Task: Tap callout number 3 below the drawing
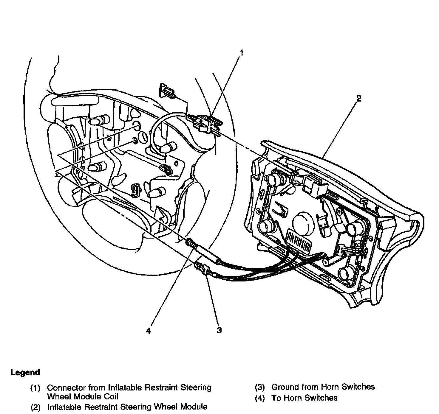[x=219, y=330]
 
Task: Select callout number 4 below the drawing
[x=148, y=331]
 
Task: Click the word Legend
[x=25, y=373]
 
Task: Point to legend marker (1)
[x=35, y=388]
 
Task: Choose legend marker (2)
[x=35, y=407]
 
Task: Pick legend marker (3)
[x=260, y=387]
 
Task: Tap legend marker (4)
[x=260, y=398]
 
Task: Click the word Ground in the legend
[x=285, y=387]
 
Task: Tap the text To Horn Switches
[x=304, y=398]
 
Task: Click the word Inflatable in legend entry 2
[x=64, y=407]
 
